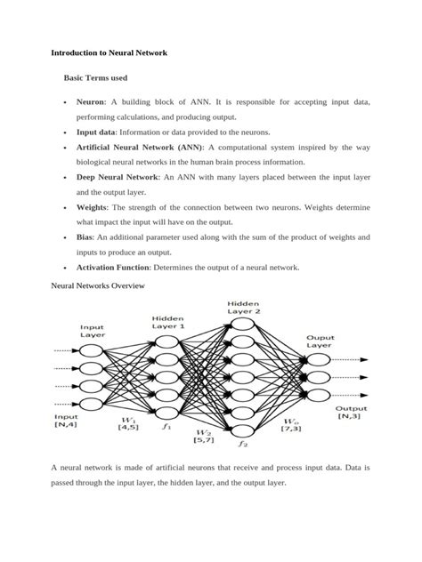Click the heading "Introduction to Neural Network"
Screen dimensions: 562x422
(x=109, y=53)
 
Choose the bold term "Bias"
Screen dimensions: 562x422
(x=85, y=237)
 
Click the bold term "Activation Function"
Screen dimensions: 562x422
(x=114, y=267)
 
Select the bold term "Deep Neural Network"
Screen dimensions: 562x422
(x=118, y=177)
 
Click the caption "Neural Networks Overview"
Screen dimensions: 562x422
(x=92, y=287)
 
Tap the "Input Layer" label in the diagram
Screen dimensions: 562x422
(x=93, y=332)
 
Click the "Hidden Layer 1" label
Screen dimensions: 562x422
(x=168, y=322)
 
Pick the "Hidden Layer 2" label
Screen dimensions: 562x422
(x=243, y=307)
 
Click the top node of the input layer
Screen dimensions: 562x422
(x=93, y=350)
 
